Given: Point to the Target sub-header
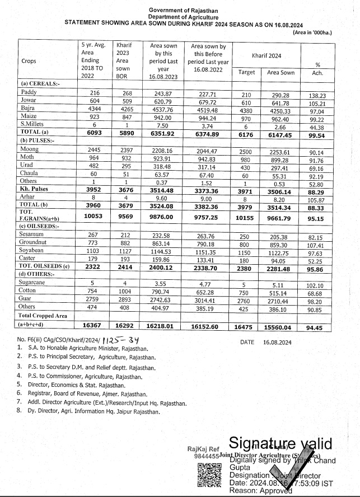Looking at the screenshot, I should (246, 73).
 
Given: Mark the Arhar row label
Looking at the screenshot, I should (27, 198).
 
